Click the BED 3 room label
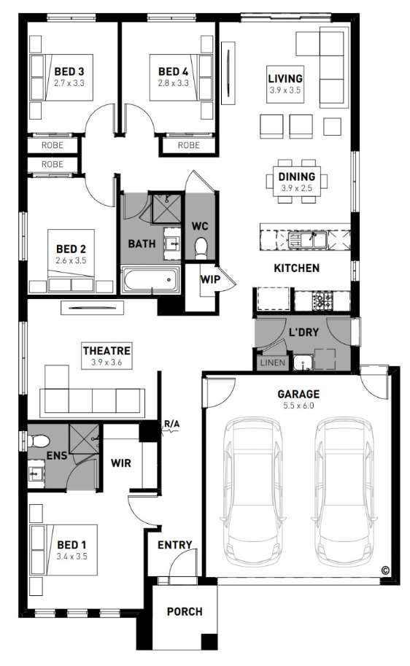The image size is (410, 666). click(x=69, y=71)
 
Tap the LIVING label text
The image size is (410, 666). click(x=285, y=79)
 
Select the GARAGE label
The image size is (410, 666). click(x=298, y=394)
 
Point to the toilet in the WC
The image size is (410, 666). click(x=200, y=247)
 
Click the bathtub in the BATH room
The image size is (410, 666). click(x=150, y=279)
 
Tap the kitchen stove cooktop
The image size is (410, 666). click(x=322, y=301)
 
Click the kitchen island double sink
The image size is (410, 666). click(x=307, y=240)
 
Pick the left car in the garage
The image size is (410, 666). click(x=253, y=492)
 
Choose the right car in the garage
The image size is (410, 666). click(x=345, y=492)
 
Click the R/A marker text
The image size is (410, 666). click(x=171, y=424)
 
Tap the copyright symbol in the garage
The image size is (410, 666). click(x=385, y=570)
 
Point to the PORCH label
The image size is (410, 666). click(x=185, y=611)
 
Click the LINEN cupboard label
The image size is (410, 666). click(x=273, y=363)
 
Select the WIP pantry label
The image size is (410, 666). click(x=210, y=279)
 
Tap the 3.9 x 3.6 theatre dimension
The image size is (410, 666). click(x=107, y=363)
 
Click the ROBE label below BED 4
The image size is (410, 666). click(x=189, y=145)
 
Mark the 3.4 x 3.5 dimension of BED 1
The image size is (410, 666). click(x=71, y=557)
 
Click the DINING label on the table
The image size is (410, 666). click(x=297, y=177)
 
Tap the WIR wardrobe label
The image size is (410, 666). click(x=121, y=463)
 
